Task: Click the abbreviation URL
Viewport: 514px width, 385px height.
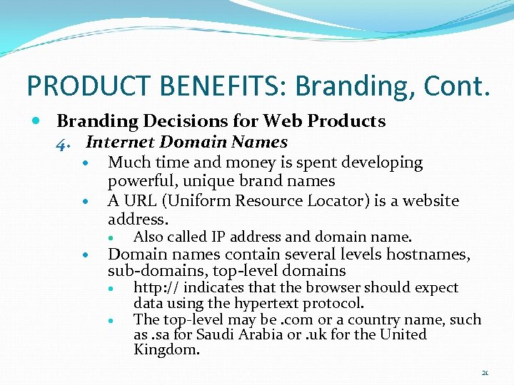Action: tap(136, 201)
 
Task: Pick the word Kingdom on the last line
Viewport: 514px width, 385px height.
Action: tap(166, 350)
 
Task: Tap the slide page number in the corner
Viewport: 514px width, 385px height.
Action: tap(485, 372)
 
